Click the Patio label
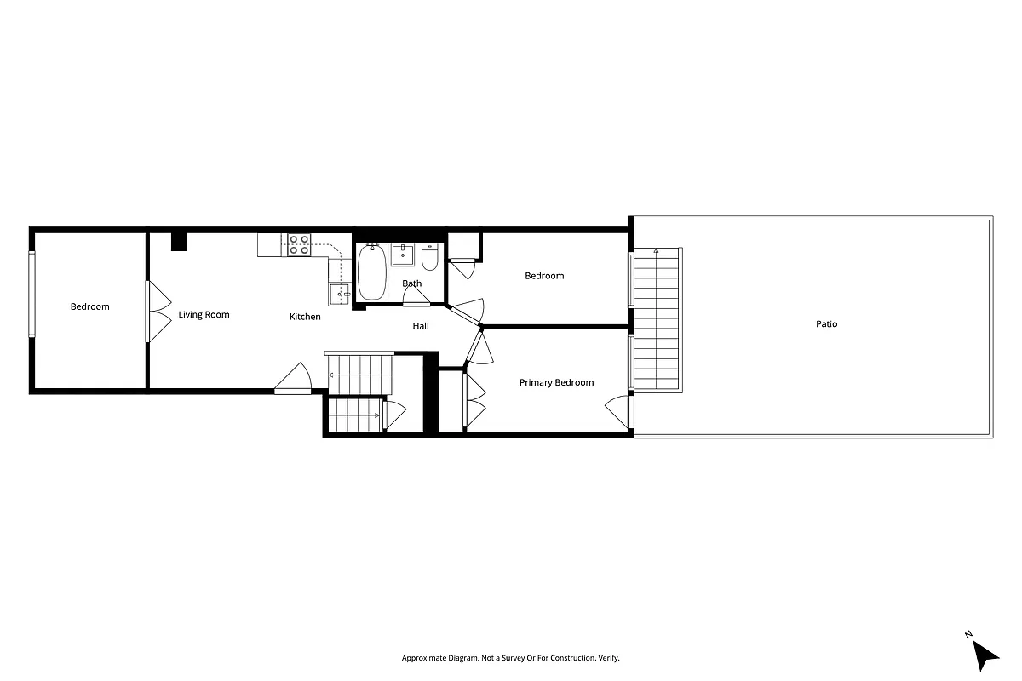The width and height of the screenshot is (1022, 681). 826,324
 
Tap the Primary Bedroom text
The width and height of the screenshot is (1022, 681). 556,383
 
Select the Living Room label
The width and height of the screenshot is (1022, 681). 204,315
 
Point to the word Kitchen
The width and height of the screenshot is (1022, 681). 305,317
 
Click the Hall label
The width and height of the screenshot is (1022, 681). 421,326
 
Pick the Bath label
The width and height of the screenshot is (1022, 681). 411,283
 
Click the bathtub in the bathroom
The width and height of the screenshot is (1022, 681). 371,272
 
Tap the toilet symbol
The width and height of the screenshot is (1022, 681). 429,257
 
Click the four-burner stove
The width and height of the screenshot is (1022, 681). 299,245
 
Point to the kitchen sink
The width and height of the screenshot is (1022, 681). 338,294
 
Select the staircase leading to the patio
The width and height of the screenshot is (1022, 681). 657,319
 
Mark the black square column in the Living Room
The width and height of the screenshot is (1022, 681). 179,242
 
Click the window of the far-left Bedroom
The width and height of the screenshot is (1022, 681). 32,295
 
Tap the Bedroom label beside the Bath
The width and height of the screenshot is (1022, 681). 544,276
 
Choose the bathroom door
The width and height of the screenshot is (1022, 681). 416,296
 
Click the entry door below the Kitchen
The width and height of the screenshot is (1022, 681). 293,380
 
